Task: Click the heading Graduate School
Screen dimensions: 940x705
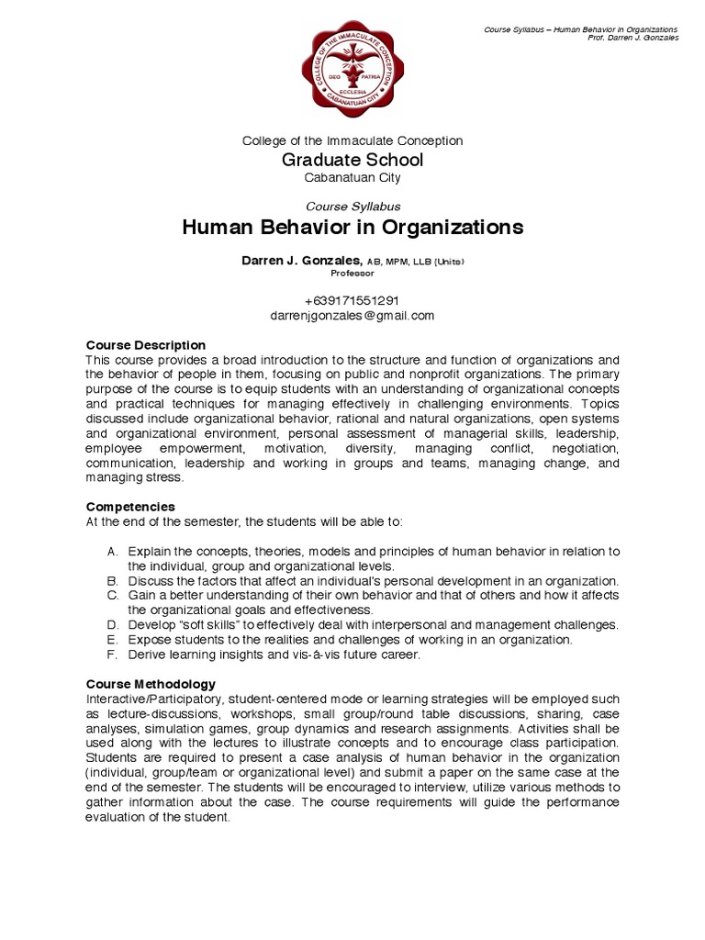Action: click(x=352, y=160)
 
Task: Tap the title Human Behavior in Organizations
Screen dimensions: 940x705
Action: click(x=352, y=227)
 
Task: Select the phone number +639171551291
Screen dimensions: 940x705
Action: click(x=352, y=300)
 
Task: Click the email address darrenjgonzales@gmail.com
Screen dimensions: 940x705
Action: click(x=352, y=315)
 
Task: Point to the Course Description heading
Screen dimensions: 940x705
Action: click(x=146, y=344)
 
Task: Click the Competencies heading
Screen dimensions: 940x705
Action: click(x=130, y=507)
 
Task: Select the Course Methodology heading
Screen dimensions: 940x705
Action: click(x=151, y=684)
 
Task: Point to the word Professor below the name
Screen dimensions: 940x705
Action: click(x=352, y=274)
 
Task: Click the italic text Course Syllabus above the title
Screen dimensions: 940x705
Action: click(x=352, y=207)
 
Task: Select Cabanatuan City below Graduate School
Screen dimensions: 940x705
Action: click(x=352, y=177)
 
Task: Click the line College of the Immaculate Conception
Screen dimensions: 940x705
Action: click(x=352, y=140)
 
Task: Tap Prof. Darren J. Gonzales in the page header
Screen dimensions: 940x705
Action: click(x=637, y=39)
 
